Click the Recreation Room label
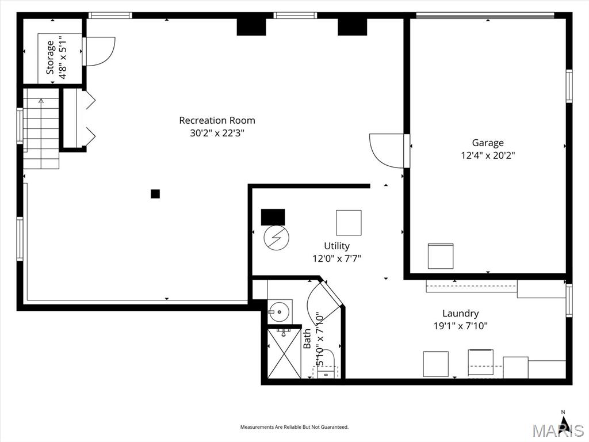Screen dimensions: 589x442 [217, 120]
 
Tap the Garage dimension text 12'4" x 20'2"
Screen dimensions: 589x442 [488, 155]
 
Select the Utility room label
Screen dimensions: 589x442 [337, 246]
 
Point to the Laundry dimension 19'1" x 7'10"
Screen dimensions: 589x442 [461, 326]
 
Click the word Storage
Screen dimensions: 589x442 [51, 58]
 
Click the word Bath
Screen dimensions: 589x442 [307, 338]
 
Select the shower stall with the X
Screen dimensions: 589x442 [284, 353]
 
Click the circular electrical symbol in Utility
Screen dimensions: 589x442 [277, 238]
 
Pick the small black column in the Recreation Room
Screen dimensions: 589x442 [155, 193]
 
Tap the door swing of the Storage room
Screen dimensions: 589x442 [99, 51]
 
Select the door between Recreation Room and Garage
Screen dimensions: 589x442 [389, 151]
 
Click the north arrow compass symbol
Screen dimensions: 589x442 [563, 420]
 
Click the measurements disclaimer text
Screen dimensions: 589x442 [294, 427]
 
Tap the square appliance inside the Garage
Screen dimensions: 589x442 [441, 256]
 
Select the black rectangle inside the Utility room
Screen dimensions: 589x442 [273, 217]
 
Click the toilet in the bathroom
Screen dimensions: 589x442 [326, 364]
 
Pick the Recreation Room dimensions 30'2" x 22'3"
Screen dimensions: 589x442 [217, 133]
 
